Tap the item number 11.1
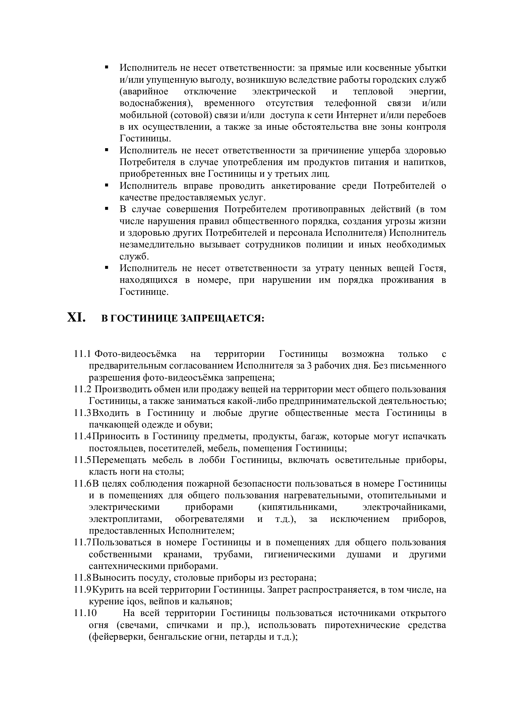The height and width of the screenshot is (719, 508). (x=82, y=354)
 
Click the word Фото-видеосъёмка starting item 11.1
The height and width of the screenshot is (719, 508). (x=136, y=354)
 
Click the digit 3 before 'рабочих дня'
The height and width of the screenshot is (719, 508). (x=309, y=366)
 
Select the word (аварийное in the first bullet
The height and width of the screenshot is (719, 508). (x=144, y=92)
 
